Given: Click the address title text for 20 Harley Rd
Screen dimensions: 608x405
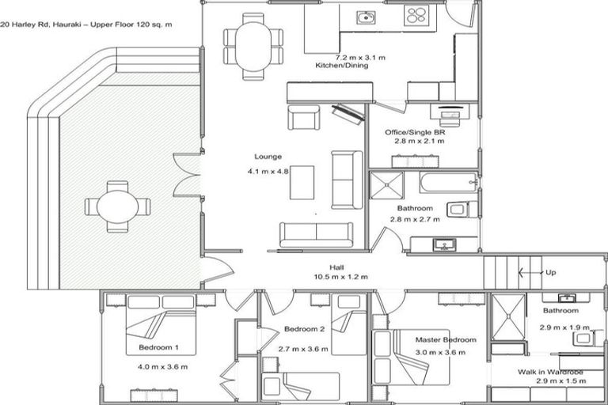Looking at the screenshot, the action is pos(86,25).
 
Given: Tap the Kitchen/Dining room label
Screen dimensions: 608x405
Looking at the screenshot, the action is pos(342,65).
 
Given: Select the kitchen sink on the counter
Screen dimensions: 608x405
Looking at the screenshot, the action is pos(365,17).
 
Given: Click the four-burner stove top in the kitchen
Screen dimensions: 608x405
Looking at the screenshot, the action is pos(416,16).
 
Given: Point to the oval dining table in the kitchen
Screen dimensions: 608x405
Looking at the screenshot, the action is pos(253,46).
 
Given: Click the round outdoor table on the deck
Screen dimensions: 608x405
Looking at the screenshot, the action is pos(117,206).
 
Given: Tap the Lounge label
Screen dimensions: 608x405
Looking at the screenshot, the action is pos(268,157).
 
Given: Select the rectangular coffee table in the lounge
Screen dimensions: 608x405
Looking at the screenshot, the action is pos(302,183).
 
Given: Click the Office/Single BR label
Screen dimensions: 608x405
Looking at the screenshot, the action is pos(415,132).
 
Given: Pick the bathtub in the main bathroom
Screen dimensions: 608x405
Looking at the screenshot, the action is pos(448,182).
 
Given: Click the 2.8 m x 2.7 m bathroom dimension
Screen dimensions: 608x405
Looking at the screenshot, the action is pos(415,219).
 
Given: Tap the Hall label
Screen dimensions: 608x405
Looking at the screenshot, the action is pos(336,267).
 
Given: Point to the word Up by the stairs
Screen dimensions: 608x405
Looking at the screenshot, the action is pos(551,272).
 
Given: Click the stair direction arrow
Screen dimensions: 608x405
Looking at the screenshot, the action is pos(531,272).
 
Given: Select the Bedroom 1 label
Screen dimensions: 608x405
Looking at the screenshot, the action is pos(158,347).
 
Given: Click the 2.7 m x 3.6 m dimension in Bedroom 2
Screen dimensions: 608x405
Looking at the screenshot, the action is pos(303,349).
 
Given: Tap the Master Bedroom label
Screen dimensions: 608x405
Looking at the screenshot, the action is pos(446,340).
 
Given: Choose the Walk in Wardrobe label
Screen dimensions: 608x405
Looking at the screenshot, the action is pos(550,372).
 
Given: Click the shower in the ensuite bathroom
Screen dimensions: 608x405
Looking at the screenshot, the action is pos(509,316).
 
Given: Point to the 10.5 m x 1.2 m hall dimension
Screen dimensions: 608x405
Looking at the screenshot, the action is pos(341,277).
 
